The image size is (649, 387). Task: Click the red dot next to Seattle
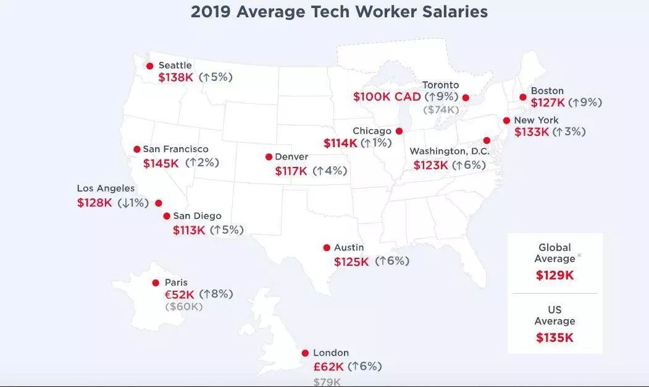pyautogui.click(x=149, y=66)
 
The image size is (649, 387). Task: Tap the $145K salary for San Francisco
pyautogui.click(x=161, y=163)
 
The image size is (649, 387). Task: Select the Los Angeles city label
pyautogui.click(x=106, y=189)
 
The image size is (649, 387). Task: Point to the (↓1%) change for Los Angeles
pyautogui.click(x=133, y=203)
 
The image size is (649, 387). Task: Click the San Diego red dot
pyautogui.click(x=167, y=216)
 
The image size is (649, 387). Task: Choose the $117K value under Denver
pyautogui.click(x=291, y=171)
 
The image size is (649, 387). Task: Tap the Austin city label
pyautogui.click(x=349, y=248)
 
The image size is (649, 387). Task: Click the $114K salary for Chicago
pyautogui.click(x=340, y=143)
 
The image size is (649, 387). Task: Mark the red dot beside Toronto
pyautogui.click(x=466, y=98)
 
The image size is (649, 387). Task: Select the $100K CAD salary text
pyautogui.click(x=387, y=97)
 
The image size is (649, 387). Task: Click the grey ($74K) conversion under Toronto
pyautogui.click(x=441, y=110)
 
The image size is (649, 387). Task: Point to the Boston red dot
pyautogui.click(x=523, y=97)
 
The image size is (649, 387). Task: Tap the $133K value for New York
pyautogui.click(x=532, y=132)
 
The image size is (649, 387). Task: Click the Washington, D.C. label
pyautogui.click(x=449, y=151)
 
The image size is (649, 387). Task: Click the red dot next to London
pyautogui.click(x=305, y=354)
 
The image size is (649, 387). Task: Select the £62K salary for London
pyautogui.click(x=328, y=367)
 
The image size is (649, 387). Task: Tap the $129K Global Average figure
pyautogui.click(x=555, y=275)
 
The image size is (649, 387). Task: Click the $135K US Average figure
pyautogui.click(x=555, y=338)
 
